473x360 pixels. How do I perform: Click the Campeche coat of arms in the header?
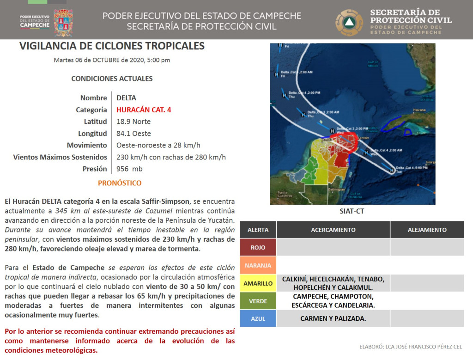[63, 23]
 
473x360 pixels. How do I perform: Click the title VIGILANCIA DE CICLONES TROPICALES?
[112, 46]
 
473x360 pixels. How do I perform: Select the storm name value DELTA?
[126, 98]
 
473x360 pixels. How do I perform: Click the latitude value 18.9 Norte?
[133, 122]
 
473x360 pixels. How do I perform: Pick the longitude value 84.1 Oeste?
[133, 134]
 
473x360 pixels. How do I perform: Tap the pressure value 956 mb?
[129, 169]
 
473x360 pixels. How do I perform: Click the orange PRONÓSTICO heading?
[120, 183]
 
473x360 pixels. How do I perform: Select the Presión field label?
[95, 169]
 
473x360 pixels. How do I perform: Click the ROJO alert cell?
[258, 247]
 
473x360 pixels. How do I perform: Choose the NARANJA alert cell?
[258, 265]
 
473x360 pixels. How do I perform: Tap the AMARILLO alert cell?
[258, 283]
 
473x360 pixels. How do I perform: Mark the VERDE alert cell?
[258, 301]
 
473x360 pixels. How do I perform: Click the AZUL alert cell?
[258, 318]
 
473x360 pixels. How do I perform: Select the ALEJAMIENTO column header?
[427, 230]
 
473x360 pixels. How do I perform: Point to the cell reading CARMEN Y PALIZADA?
[333, 318]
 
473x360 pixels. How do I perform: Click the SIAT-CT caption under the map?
[352, 212]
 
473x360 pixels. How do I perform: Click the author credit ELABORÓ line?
[410, 347]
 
